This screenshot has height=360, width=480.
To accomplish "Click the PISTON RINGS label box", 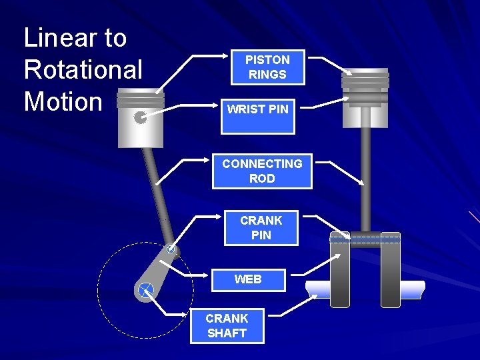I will click(x=267, y=67).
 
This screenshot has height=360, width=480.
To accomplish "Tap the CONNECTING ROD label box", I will click(x=262, y=171).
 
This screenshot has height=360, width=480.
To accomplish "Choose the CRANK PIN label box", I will click(x=261, y=227).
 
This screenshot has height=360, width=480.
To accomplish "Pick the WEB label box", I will click(x=248, y=280).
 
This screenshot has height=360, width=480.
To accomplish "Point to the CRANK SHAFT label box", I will click(x=227, y=326).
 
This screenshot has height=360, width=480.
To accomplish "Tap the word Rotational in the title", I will click(x=83, y=69).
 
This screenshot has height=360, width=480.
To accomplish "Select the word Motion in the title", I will click(x=63, y=101).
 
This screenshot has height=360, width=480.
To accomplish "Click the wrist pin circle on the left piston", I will click(x=140, y=118).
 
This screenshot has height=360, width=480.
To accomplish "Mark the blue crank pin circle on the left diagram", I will click(x=171, y=249).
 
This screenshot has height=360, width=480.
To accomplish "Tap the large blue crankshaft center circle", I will click(x=145, y=290).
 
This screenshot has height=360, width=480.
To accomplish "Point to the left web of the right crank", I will click(x=340, y=273).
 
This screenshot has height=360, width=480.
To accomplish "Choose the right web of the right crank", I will click(x=391, y=273).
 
